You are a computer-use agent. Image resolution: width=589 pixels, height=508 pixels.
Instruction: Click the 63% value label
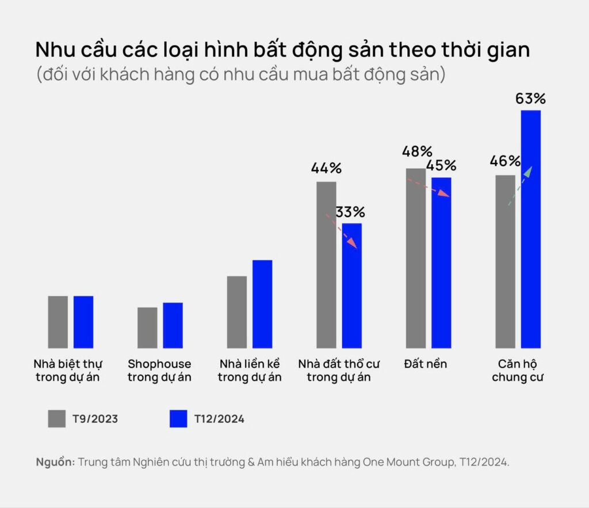pos(530,98)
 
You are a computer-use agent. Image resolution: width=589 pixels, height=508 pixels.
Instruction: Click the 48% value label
pos(418,151)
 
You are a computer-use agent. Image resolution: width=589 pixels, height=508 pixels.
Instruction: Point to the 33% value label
pos(350,212)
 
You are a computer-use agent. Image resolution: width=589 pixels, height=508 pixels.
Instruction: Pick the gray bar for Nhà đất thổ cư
pos(326,265)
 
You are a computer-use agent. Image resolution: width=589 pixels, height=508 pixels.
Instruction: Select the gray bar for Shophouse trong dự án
pos(147,328)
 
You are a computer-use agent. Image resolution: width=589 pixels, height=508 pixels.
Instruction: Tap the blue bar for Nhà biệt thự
pos(83,322)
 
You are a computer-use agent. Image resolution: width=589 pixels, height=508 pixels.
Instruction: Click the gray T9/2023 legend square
pos(57,419)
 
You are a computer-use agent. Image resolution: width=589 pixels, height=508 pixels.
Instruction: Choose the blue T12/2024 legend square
pos(179,419)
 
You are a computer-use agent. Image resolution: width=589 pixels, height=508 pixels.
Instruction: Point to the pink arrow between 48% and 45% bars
pos(429,188)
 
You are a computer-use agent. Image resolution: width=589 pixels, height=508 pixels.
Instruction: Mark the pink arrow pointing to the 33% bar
pos(342,232)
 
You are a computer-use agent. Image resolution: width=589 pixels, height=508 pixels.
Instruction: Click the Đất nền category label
pos(426,364)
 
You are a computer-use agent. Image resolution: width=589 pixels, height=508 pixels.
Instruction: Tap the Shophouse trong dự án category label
pos(159,371)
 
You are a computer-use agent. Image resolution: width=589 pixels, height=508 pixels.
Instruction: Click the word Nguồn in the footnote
pos(55,462)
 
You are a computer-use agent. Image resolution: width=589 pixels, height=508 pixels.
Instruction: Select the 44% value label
pos(326,168)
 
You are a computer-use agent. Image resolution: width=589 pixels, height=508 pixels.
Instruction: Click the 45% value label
pos(441,165)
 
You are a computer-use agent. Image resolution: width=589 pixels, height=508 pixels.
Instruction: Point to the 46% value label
pos(505,161)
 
